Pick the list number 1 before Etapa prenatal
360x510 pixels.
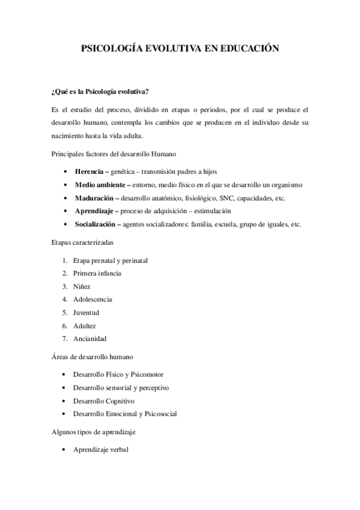click(64, 260)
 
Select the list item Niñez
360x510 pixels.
click(82, 286)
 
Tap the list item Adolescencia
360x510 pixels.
click(93, 300)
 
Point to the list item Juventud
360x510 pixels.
click(86, 313)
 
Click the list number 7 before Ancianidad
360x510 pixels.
click(64, 339)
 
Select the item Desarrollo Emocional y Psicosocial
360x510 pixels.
click(124, 414)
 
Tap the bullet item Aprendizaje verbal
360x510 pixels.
click(100, 449)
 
